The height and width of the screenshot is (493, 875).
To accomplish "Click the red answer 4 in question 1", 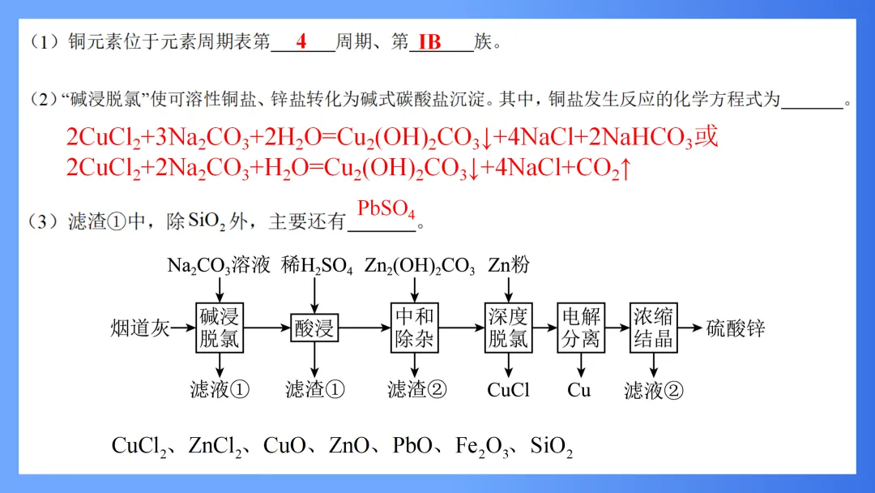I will point(301,42).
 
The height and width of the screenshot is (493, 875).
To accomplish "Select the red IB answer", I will point(429,42).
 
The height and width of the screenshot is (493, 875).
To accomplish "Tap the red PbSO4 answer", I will point(386,210).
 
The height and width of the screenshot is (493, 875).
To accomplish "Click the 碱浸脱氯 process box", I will point(220,328).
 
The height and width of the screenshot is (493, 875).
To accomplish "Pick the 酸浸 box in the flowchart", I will point(314,328).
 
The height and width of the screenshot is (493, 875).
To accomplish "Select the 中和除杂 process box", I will point(415,328).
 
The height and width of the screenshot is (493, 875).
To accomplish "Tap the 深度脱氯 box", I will point(508,328).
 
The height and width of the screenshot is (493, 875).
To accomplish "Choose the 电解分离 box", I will point(581,328).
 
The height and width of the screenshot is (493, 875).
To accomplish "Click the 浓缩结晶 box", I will point(653,328).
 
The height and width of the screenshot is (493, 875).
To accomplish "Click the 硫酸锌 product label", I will point(735,328).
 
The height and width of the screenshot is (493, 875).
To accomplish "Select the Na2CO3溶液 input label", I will point(218,266).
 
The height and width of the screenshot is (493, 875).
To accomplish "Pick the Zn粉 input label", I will point(509,266).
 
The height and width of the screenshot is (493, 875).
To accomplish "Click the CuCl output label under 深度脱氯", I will point(508,390).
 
